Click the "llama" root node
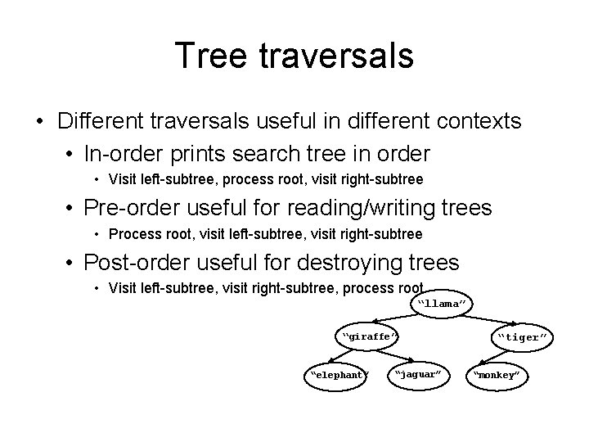(442, 304)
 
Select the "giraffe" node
(369, 336)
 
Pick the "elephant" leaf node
(336, 375)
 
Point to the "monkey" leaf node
(498, 375)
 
